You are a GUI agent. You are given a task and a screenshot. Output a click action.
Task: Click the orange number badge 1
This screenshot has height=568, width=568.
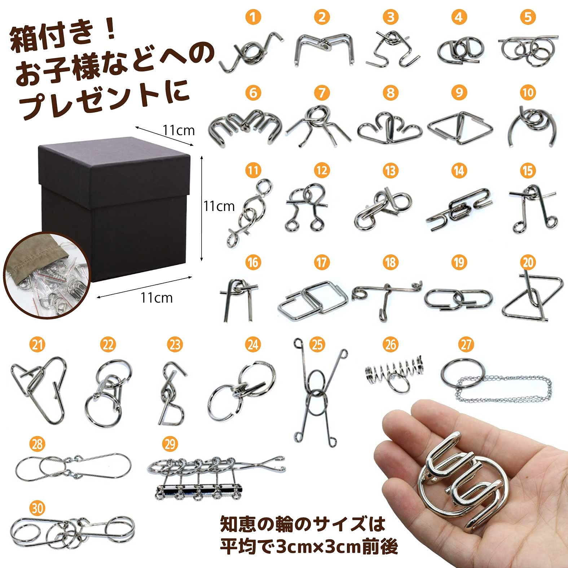pyautogui.click(x=253, y=17)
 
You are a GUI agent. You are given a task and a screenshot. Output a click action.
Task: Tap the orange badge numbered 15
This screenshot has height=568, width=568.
pyautogui.click(x=528, y=171)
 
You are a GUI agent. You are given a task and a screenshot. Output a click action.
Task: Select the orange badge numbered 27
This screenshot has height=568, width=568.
pyautogui.click(x=466, y=344)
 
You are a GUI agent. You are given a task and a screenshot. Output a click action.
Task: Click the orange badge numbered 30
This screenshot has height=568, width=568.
pyautogui.click(x=37, y=508)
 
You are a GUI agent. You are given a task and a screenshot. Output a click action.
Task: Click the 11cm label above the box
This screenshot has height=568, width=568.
pyautogui.click(x=178, y=130)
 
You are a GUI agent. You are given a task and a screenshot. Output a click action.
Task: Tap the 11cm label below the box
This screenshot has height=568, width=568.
pyautogui.click(x=157, y=298)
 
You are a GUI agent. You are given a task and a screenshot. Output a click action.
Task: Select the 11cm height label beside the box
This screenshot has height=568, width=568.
pyautogui.click(x=219, y=206)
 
